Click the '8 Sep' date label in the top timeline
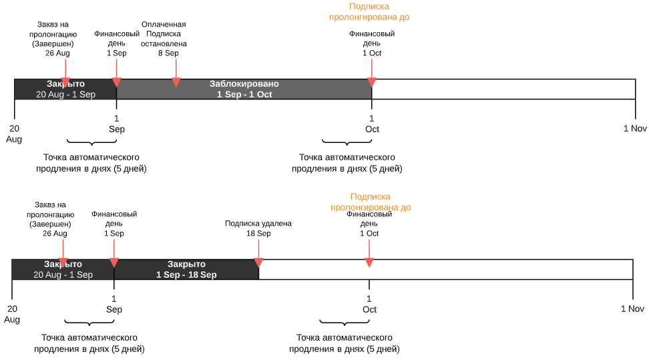coord(168,53)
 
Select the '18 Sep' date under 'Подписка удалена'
coord(258,233)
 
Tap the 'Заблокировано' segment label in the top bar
coord(244,83)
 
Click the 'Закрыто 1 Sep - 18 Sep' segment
coord(186,269)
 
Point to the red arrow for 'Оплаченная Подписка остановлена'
coord(176,73)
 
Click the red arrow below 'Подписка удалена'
coord(258,254)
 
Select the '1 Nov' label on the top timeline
coord(635,128)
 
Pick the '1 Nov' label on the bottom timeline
coord(632,309)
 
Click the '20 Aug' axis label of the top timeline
coord(14,134)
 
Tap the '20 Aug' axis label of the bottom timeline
coord(12,314)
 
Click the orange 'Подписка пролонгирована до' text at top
coord(369,11)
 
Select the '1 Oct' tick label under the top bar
coord(372,124)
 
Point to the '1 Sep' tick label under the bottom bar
coord(114,304)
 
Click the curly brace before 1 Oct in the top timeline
coord(347,143)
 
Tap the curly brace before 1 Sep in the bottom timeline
coord(89,323)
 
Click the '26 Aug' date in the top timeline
coord(57,53)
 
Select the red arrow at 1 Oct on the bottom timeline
coord(369,254)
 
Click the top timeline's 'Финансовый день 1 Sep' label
coord(117,43)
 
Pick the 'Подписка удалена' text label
coord(258,224)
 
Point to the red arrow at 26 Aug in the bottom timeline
coord(63,254)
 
